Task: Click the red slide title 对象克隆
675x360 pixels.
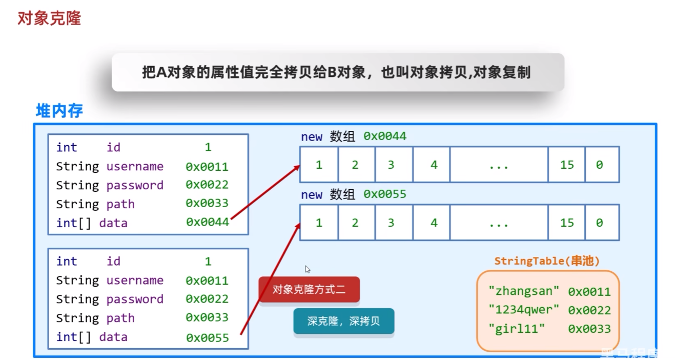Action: point(49,19)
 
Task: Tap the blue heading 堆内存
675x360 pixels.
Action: point(59,111)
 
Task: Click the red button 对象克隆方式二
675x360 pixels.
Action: point(309,290)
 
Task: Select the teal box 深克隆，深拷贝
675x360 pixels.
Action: point(343,322)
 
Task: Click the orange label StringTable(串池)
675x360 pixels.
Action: point(547,261)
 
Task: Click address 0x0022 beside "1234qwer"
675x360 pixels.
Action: point(589,310)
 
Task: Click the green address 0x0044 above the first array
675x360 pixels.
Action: point(384,136)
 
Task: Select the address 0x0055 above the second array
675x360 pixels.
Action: point(384,194)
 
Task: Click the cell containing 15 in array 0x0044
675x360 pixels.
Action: point(566,165)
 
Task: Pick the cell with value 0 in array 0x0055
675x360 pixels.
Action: point(602,223)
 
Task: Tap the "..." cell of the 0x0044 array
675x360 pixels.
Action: point(499,165)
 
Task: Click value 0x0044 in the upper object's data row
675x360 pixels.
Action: point(207,223)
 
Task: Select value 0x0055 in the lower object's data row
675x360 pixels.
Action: point(207,337)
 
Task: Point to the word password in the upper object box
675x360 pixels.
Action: point(135,185)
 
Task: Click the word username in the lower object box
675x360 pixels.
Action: point(135,281)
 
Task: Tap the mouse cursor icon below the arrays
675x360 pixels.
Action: point(308,269)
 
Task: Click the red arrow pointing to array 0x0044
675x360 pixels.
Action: point(265,193)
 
